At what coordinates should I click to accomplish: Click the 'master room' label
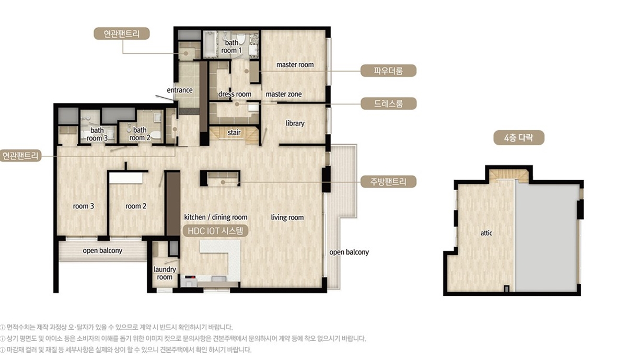[x=295, y=65]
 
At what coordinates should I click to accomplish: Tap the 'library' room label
[x=295, y=123]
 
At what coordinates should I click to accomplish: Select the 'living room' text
[x=287, y=217]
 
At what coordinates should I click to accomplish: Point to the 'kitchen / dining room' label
[x=215, y=217]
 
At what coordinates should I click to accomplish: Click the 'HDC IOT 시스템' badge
[x=215, y=231]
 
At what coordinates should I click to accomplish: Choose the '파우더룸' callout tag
[x=388, y=71]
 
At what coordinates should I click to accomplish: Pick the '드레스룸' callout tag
[x=389, y=103]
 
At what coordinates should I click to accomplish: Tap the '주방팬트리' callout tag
[x=388, y=182]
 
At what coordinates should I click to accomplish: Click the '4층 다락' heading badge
[x=519, y=138]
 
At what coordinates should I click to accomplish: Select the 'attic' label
[x=486, y=233]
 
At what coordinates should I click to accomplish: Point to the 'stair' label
[x=234, y=132]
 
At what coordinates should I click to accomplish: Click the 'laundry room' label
[x=165, y=273]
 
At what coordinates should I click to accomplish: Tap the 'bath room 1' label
[x=231, y=47]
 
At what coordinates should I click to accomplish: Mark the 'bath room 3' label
[x=97, y=134]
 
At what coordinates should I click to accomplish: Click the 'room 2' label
[x=136, y=206]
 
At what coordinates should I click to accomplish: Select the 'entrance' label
[x=180, y=90]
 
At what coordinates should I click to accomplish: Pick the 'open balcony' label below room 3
[x=102, y=251]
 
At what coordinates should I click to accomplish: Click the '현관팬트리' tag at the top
[x=121, y=33]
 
